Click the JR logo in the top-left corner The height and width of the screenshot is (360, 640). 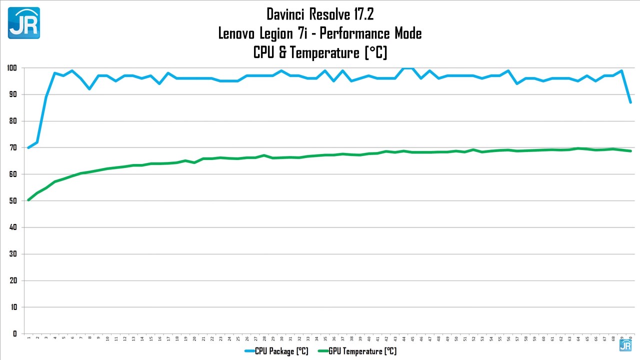(23, 23)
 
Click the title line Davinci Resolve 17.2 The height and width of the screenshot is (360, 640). (320, 14)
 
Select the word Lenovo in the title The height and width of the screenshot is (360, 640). (237, 33)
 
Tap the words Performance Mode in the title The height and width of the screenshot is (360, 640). (370, 33)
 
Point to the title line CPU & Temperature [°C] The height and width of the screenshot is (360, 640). (320, 52)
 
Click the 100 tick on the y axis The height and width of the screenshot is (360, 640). (12, 68)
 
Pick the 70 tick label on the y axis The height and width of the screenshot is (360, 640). (12, 147)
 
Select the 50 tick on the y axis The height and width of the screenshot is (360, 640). (12, 200)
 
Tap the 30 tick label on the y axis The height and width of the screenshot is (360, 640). (12, 254)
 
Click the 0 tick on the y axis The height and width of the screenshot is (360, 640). (15, 333)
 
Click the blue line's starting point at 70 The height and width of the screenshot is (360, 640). (28, 147)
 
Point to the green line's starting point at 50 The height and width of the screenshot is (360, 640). (28, 200)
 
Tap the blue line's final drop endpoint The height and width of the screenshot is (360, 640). (630, 102)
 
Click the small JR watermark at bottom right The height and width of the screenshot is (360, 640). (625, 345)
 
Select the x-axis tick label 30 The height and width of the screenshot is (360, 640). (282, 338)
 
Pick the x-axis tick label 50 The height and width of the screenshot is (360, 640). (456, 338)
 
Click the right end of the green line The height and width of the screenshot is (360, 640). (630, 151)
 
